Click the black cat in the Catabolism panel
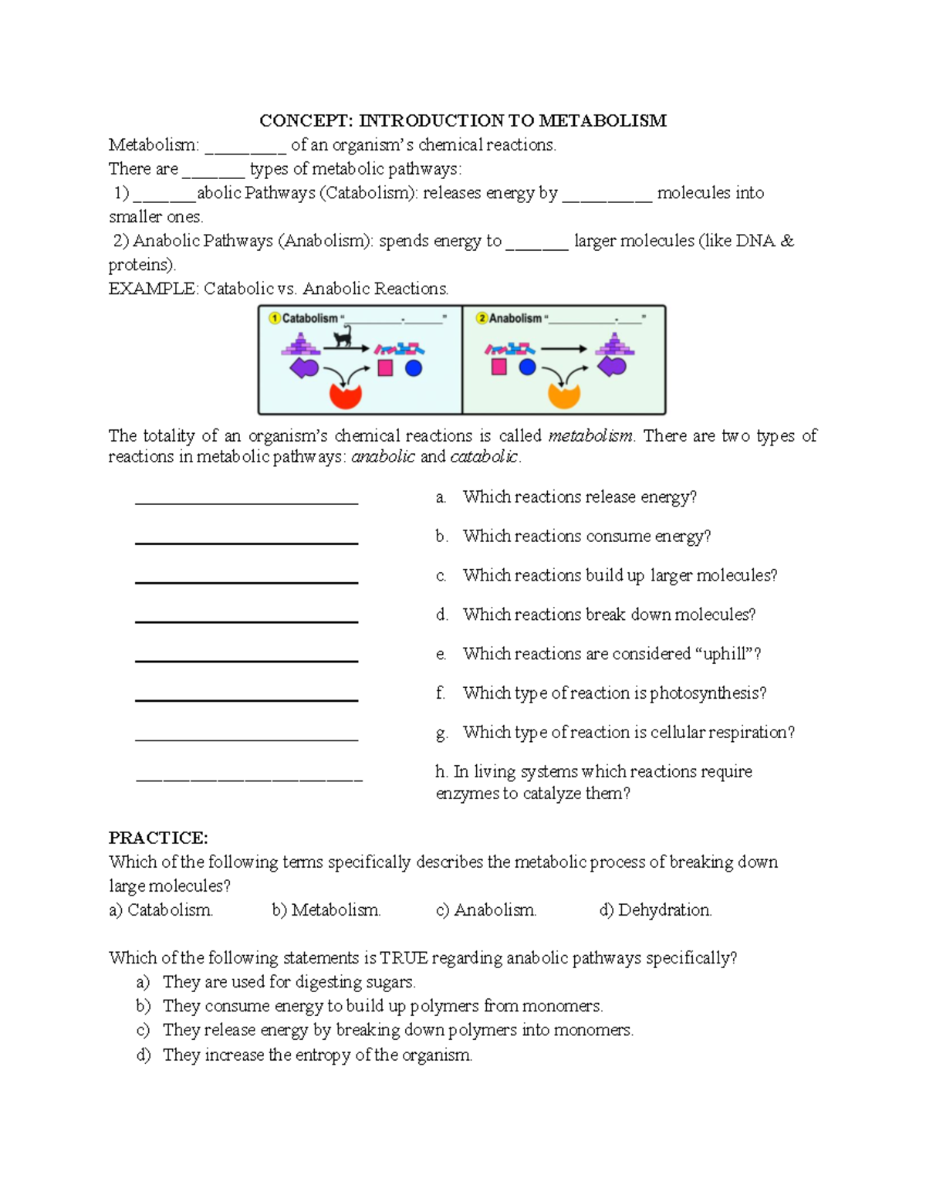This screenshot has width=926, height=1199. (343, 337)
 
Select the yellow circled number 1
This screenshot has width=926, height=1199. (274, 318)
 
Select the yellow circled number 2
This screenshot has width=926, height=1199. (482, 318)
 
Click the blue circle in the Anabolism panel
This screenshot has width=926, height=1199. (527, 367)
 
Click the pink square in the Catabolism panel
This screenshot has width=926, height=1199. (385, 368)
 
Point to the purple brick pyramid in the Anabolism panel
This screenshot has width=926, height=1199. (614, 344)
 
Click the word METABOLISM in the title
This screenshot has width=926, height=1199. (602, 120)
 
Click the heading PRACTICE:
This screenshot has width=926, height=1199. (158, 838)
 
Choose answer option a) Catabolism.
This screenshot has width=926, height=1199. (161, 910)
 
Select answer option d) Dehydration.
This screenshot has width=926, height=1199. (655, 910)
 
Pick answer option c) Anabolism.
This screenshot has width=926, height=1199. (485, 910)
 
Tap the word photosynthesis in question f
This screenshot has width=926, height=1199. (708, 693)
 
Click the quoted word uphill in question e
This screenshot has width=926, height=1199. (724, 654)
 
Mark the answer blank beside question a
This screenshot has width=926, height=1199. (246, 498)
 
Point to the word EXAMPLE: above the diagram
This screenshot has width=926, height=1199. (153, 289)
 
